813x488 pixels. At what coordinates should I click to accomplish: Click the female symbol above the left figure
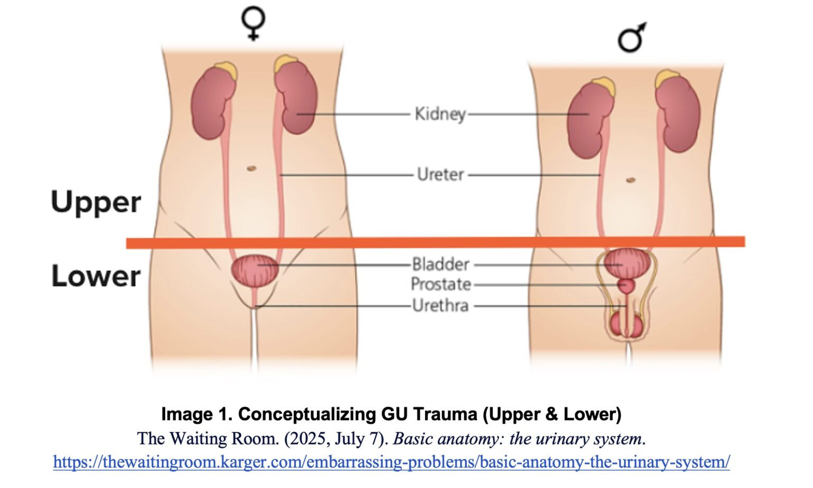click(x=254, y=24)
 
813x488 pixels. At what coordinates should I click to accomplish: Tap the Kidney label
click(x=440, y=113)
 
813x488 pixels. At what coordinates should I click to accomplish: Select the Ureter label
click(x=440, y=174)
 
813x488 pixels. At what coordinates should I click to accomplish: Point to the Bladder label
click(x=441, y=264)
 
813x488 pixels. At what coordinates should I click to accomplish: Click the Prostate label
click(x=441, y=285)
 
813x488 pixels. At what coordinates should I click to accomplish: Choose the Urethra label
click(x=441, y=306)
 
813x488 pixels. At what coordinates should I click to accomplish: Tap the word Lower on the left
click(x=96, y=277)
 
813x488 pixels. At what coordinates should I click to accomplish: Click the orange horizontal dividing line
click(x=434, y=243)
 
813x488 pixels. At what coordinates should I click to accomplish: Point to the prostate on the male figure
click(x=626, y=286)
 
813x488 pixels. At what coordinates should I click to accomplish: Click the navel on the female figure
click(x=251, y=168)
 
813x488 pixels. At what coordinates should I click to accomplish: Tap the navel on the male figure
click(x=630, y=180)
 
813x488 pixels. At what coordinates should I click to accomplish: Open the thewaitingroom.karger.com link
click(x=391, y=462)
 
